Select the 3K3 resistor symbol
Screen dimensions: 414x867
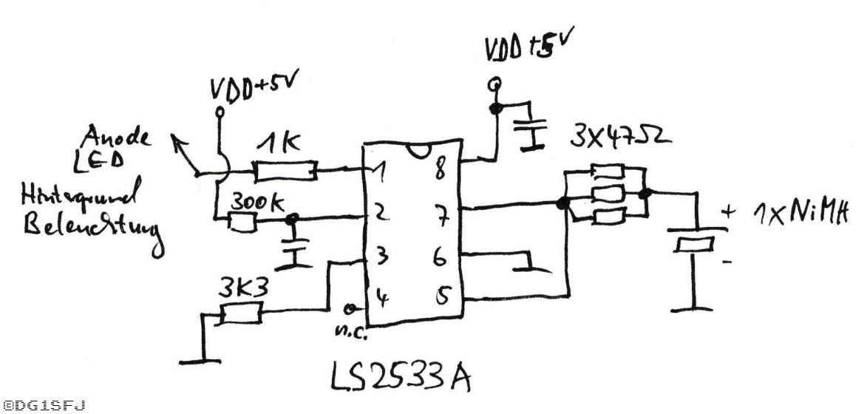(x=237, y=314)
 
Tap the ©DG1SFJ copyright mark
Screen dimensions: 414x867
(x=44, y=405)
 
